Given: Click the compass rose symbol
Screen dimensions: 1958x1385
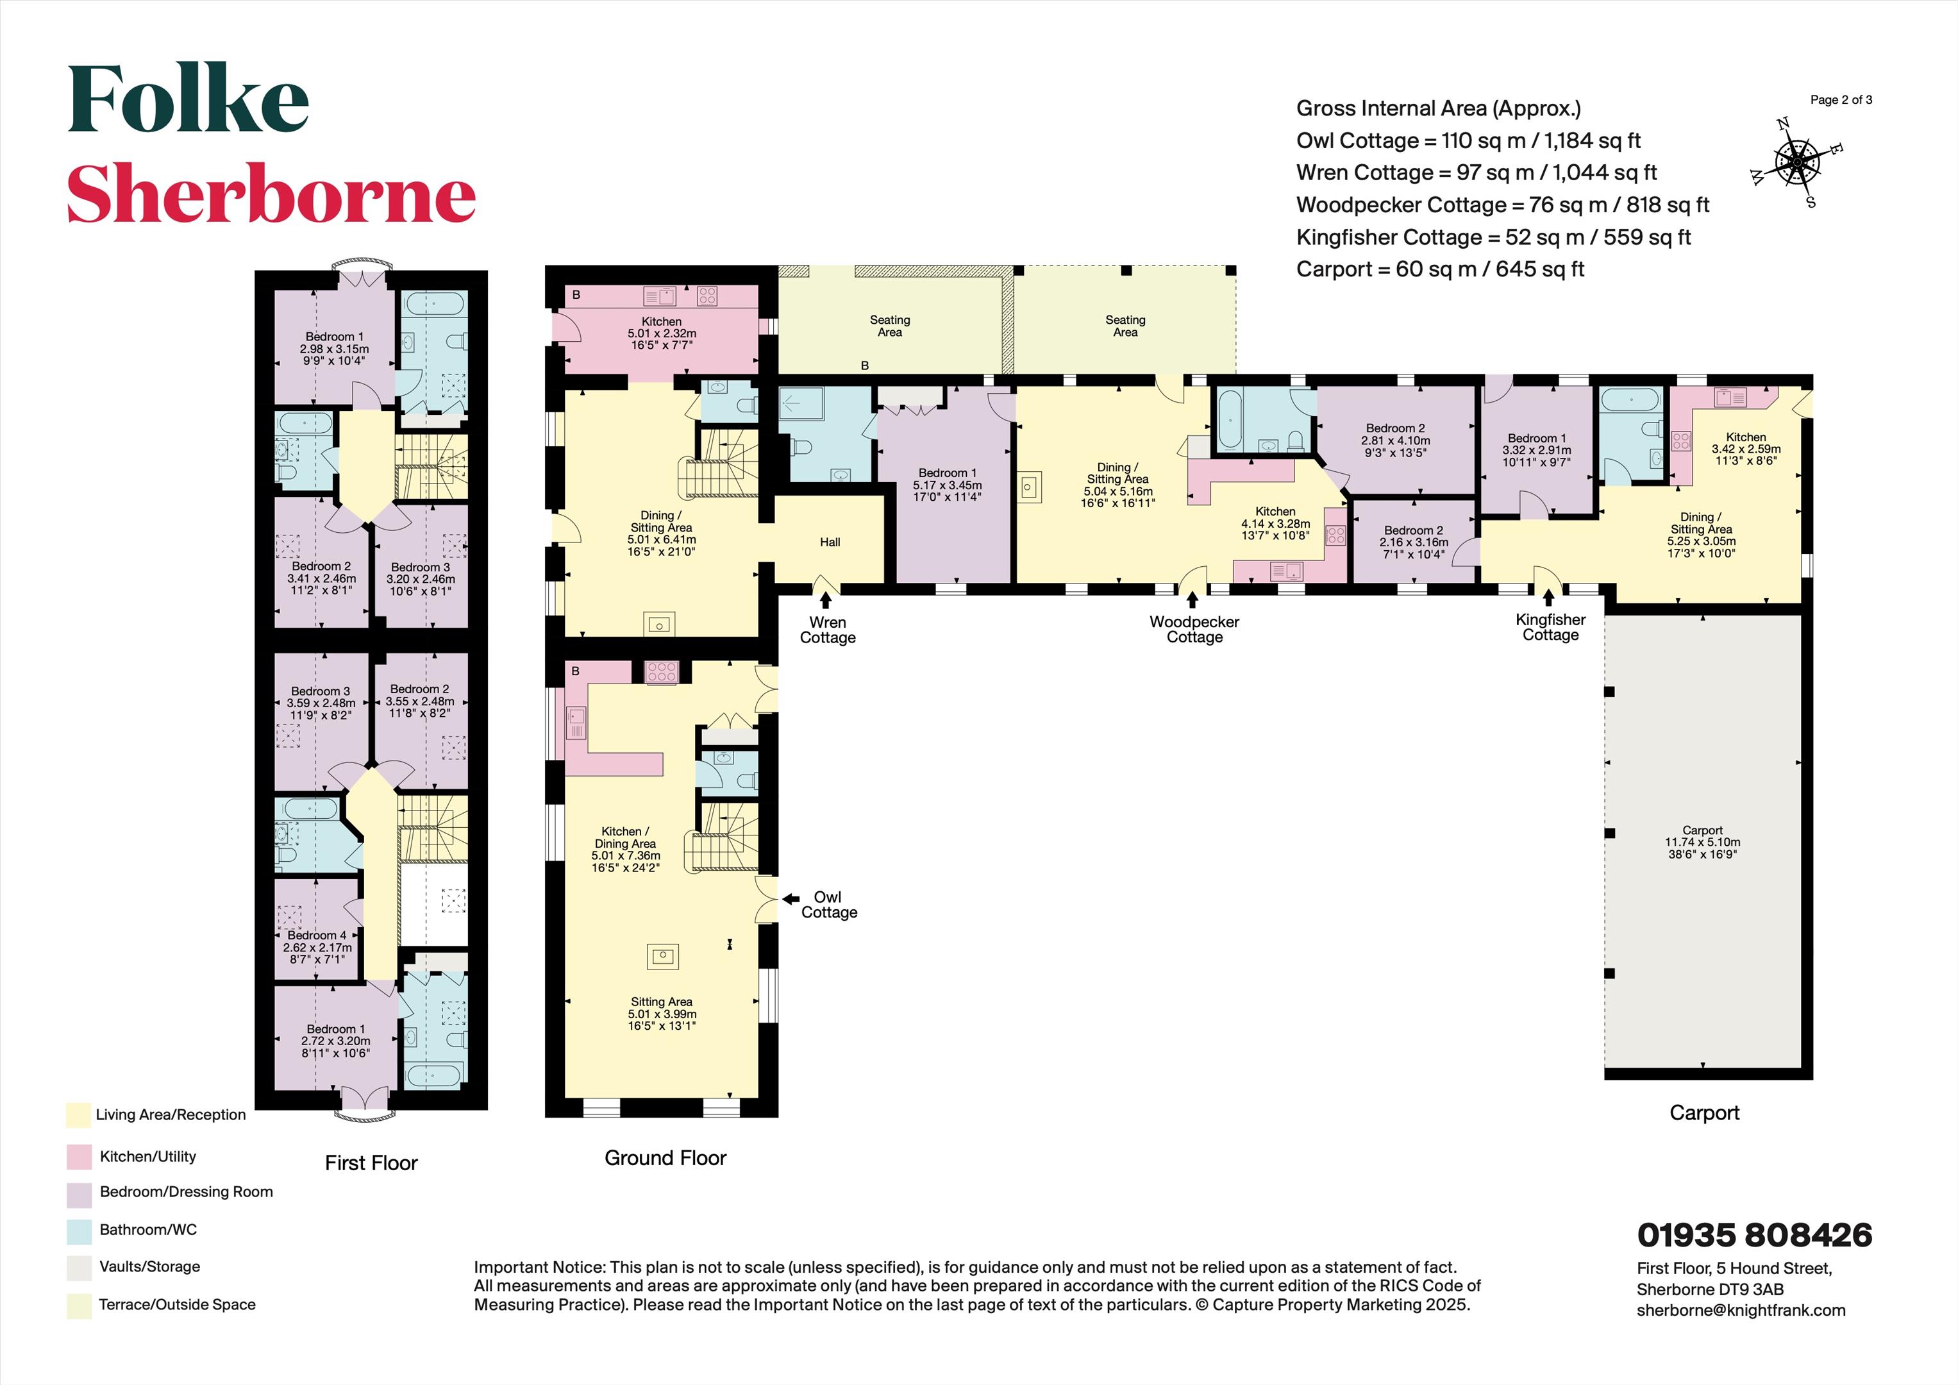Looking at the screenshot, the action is [x=1796, y=162].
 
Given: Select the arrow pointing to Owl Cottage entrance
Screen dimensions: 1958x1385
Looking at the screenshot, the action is [x=791, y=899].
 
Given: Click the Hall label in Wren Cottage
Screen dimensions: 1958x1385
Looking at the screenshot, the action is [x=830, y=542].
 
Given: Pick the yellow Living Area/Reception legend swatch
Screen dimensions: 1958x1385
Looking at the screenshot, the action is [x=78, y=1114].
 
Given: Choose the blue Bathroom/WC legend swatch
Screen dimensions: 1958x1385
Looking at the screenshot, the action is [x=78, y=1230].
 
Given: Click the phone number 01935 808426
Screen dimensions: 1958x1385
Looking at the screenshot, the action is [x=1754, y=1234].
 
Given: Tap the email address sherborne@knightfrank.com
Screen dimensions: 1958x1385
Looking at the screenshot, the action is [x=1741, y=1310].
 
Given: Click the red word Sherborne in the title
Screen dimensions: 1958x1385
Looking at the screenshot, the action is [x=271, y=194].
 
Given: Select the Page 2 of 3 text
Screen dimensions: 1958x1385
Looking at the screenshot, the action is [x=1841, y=100].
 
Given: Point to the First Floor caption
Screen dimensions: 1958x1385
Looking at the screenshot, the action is [x=371, y=1163].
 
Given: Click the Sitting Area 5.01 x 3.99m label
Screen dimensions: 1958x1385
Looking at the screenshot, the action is [x=662, y=1014].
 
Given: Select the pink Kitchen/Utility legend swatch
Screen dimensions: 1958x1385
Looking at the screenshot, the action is [x=78, y=1157].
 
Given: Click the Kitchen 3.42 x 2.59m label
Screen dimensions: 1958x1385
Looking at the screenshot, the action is [x=1746, y=449].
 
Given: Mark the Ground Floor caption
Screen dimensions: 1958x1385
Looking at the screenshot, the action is [x=665, y=1158].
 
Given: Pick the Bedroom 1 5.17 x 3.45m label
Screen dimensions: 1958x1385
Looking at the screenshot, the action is [x=948, y=484].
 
